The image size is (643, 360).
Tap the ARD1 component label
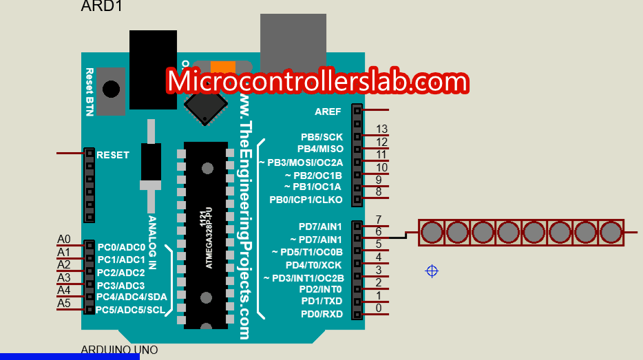103,7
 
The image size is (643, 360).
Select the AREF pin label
328,112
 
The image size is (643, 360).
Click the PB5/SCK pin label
321,137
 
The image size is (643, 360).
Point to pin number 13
382,129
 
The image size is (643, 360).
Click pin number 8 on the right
379,192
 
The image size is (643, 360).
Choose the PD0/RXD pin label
321,315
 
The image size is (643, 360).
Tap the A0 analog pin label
63,240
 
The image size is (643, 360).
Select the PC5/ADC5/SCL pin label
131,310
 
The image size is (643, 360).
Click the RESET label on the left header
113,155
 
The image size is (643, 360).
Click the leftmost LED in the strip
432,232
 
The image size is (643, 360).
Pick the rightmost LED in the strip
611,232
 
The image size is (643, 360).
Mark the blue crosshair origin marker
432,271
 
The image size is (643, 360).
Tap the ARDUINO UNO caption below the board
119,350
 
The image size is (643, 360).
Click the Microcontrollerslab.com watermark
317,81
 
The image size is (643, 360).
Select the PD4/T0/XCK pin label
314,265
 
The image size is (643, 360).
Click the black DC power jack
152,69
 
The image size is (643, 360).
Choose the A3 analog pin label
63,277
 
